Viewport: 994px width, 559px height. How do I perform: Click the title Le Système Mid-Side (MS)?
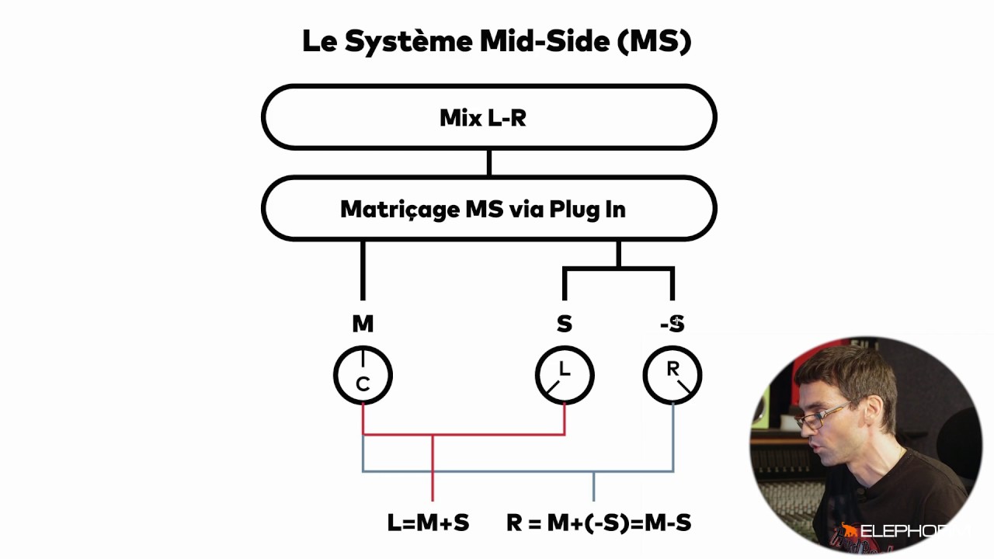(496, 42)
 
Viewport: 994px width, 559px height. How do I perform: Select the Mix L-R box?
(488, 117)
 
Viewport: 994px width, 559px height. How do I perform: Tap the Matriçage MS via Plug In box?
(488, 209)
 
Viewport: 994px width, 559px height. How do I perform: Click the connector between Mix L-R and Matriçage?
(488, 163)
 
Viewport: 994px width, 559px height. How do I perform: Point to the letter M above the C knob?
(363, 325)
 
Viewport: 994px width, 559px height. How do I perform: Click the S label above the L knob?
(565, 325)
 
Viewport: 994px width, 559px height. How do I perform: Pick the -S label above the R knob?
(673, 325)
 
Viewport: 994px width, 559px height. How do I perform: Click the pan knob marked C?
(363, 376)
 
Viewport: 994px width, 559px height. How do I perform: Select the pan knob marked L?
(565, 376)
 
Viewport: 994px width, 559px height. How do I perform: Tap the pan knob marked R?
(673, 376)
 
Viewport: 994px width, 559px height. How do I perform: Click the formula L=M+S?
(428, 523)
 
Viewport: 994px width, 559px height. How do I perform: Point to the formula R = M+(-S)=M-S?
(599, 523)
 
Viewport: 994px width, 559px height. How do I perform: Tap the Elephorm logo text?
(901, 533)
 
